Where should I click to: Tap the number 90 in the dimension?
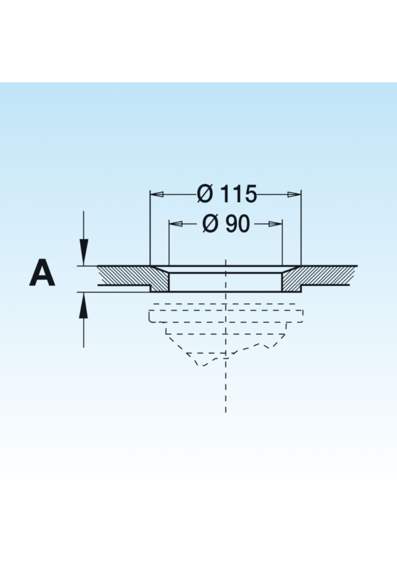point(237,224)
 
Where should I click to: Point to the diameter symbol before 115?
point(206,194)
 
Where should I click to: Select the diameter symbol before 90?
point(210,224)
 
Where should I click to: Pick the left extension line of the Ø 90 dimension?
point(169,245)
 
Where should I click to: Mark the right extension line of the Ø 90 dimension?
point(283,245)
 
